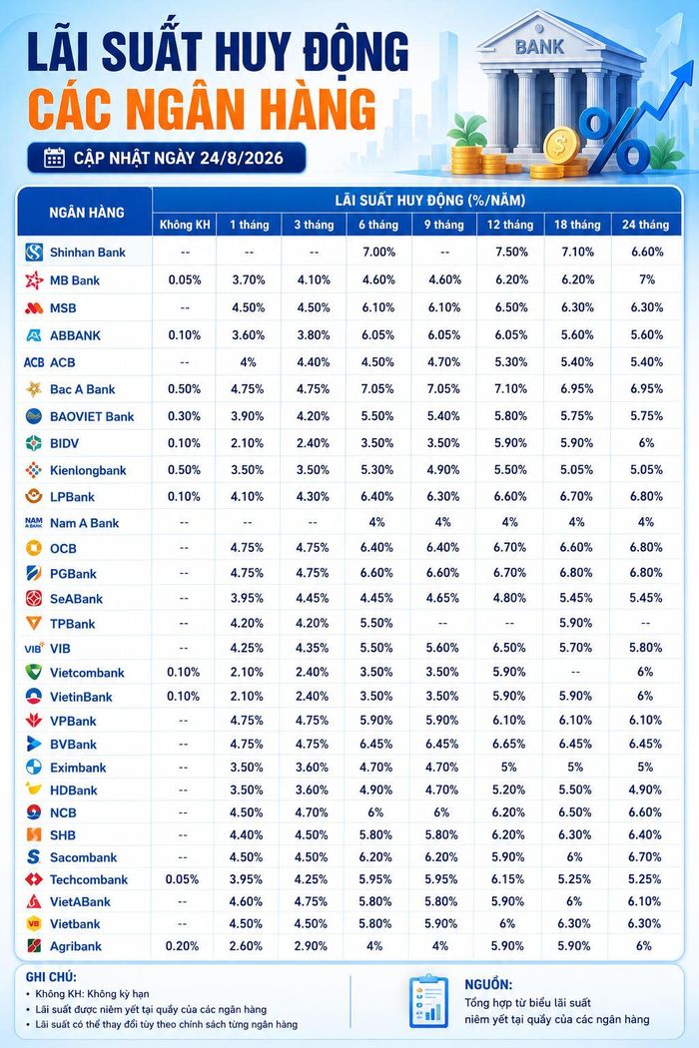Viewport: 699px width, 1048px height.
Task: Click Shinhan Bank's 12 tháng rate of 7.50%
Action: click(511, 252)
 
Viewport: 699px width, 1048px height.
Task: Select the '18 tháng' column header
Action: click(577, 225)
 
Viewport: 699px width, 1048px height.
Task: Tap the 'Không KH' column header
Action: click(185, 225)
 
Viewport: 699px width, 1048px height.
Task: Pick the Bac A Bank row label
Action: click(82, 389)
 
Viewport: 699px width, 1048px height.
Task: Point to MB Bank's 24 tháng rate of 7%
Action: click(646, 279)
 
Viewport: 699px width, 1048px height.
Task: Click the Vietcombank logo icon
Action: click(33, 672)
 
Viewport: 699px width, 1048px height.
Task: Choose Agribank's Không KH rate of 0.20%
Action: click(182, 946)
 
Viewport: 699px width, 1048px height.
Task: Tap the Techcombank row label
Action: click(88, 879)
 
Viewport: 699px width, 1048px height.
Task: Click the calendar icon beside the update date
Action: click(54, 158)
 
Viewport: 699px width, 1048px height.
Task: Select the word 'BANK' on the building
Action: click(539, 47)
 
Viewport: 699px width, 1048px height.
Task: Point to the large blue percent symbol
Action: click(614, 141)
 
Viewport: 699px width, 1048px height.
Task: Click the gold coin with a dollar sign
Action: click(560, 145)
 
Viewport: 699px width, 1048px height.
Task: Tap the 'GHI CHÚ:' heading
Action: click(51, 977)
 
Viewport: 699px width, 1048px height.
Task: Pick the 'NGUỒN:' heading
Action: click(488, 984)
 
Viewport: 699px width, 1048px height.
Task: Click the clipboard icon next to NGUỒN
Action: click(428, 1000)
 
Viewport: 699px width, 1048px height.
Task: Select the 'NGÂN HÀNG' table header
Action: click(87, 213)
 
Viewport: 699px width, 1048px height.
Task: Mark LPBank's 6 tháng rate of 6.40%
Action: click(377, 497)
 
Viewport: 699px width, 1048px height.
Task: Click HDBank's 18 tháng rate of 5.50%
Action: click(576, 789)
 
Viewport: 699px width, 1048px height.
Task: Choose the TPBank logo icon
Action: click(33, 623)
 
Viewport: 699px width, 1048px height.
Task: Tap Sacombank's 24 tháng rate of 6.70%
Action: click(645, 856)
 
